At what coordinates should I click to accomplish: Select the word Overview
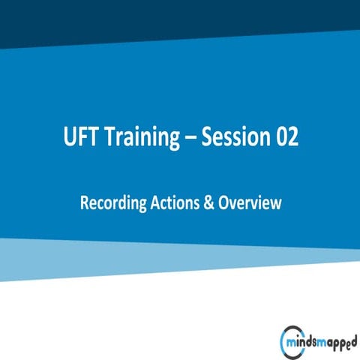249,202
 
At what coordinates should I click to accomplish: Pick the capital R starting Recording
83,202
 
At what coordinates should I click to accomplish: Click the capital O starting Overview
222,202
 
